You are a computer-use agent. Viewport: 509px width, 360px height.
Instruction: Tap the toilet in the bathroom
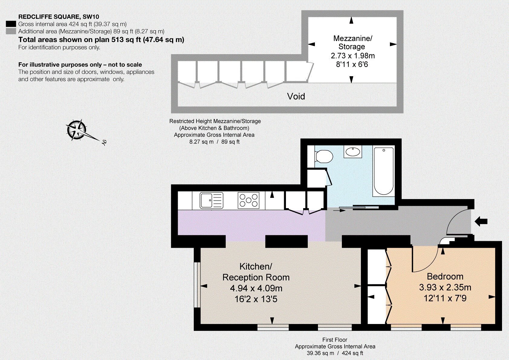click(324, 156)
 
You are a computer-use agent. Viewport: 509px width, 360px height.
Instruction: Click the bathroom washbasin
click(353, 152)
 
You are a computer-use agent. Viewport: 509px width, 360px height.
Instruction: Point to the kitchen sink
click(212, 200)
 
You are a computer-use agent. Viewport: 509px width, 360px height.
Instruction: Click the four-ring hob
click(248, 200)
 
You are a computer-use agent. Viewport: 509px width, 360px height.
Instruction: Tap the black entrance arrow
click(481, 221)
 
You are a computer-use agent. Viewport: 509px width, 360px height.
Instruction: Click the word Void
click(296, 97)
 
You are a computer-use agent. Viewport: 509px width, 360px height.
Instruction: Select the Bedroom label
click(445, 276)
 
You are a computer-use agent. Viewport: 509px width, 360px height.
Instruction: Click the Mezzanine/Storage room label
click(352, 43)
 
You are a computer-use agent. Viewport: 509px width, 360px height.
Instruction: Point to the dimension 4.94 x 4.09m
click(256, 288)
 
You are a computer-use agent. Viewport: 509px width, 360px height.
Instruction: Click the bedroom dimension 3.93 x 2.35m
click(445, 287)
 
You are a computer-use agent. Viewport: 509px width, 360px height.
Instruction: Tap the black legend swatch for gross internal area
click(11, 24)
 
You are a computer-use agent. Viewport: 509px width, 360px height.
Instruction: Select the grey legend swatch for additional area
click(11, 31)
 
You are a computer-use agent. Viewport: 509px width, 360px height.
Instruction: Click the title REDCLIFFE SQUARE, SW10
click(59, 17)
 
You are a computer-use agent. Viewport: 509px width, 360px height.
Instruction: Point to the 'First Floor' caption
click(335, 340)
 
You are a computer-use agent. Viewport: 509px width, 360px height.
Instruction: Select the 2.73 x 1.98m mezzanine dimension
click(352, 55)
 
